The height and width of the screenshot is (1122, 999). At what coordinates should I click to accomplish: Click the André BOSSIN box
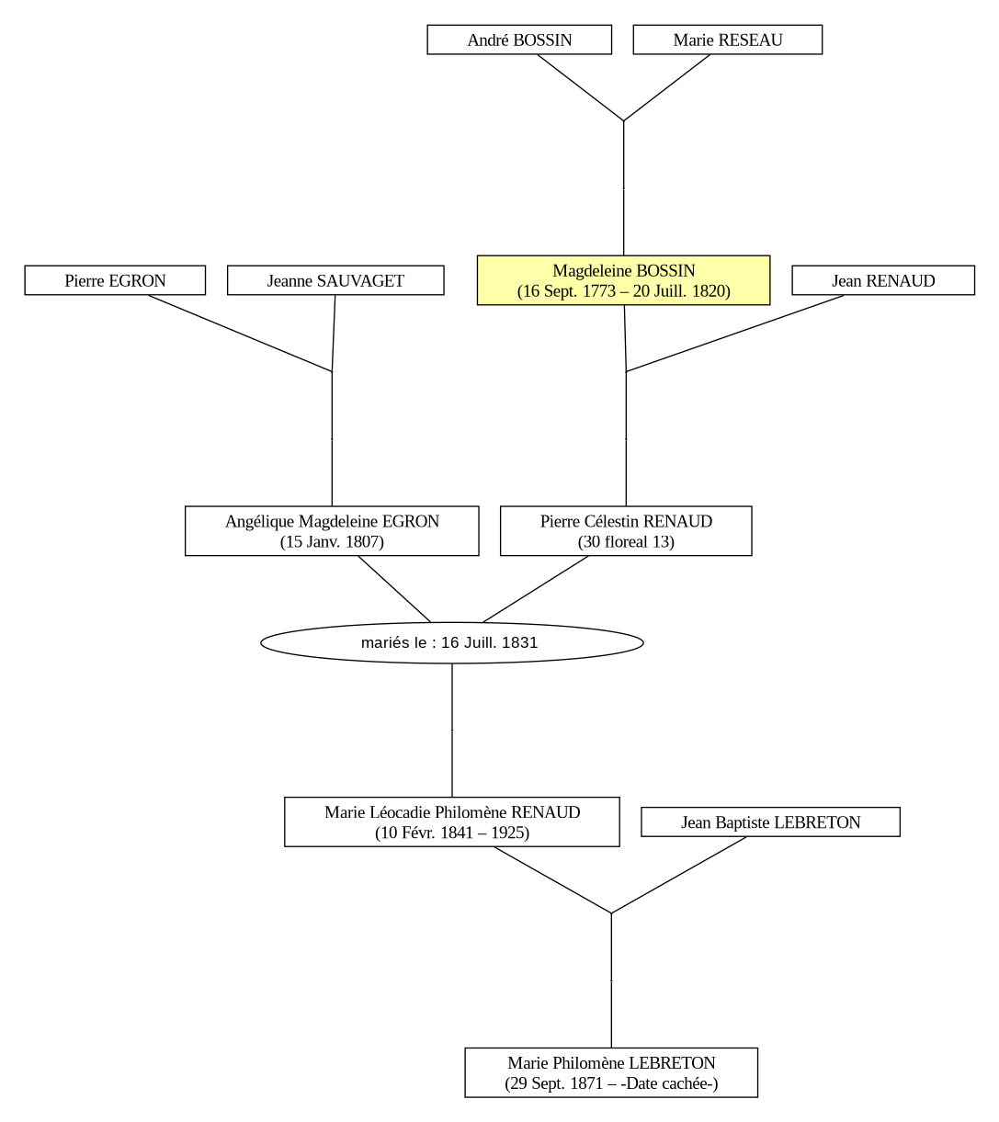[x=519, y=40]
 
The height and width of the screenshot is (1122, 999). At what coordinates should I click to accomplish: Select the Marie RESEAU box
[x=728, y=40]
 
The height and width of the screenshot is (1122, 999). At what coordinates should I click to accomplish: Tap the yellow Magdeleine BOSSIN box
[x=623, y=280]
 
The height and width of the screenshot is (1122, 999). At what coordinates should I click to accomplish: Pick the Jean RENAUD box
[x=883, y=280]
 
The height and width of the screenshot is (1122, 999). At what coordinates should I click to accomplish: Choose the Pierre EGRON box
[x=115, y=280]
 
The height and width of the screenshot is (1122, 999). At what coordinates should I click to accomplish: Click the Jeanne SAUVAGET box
[x=335, y=280]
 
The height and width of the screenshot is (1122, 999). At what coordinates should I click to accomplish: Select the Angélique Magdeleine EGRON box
[x=332, y=530]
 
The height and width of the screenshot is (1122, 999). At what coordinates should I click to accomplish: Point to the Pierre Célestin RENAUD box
[x=626, y=530]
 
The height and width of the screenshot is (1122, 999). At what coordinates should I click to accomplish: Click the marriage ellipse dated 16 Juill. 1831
[x=452, y=642]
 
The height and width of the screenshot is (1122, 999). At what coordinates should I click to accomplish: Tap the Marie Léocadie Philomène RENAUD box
[x=452, y=822]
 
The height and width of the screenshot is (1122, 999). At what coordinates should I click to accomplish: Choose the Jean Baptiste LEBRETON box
[x=771, y=822]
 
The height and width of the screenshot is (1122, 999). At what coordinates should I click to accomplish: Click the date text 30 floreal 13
[x=626, y=541]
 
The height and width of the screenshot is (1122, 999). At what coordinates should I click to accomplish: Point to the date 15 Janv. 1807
[x=332, y=541]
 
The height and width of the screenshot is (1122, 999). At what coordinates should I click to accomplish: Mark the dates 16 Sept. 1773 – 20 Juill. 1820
[x=623, y=291]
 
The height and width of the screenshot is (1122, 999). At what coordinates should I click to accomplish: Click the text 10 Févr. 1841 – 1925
[x=452, y=833]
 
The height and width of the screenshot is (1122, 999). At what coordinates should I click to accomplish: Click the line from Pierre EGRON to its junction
[x=240, y=334]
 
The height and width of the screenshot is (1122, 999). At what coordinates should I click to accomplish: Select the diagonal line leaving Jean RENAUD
[x=735, y=334]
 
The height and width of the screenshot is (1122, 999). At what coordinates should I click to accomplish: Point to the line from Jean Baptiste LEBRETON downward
[x=679, y=875]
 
